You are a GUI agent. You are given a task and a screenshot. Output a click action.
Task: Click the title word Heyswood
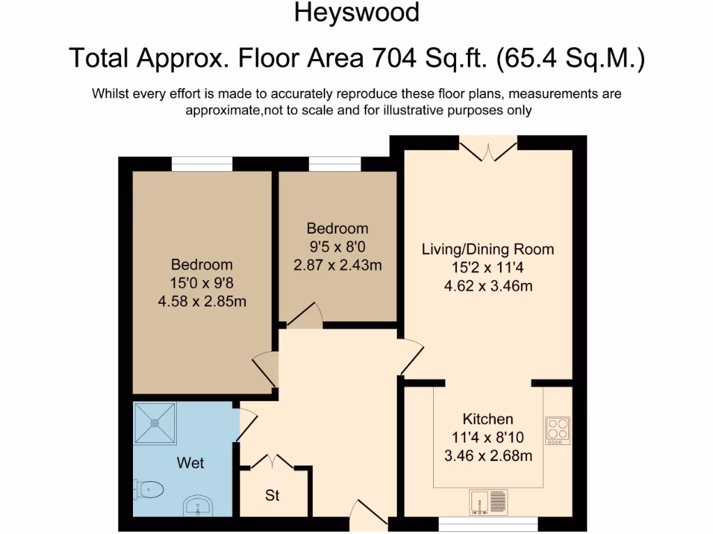coord(356,13)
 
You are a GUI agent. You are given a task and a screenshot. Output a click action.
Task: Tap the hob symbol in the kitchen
coord(557,430)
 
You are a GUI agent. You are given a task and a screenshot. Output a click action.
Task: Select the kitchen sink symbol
coord(490,503)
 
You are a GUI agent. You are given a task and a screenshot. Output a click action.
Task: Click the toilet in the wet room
coord(149,489)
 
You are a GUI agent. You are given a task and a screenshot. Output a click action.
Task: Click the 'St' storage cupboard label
coord(272,496)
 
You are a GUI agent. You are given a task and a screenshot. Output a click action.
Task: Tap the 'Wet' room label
coord(190,462)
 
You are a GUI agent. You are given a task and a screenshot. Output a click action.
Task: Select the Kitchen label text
coord(488,419)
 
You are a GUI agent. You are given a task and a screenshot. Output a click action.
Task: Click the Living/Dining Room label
coord(488,249)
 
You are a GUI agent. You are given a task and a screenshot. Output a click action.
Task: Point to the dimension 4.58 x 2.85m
coord(202,301)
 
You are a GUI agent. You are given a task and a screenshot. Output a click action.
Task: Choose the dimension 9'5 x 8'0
coord(338,247)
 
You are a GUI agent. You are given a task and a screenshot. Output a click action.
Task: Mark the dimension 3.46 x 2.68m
coord(488,456)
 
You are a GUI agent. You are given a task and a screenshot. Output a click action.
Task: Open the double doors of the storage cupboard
coord(272,462)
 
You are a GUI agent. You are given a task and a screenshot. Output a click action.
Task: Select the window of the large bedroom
coord(202,164)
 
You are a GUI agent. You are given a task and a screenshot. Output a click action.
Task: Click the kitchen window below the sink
coord(488,520)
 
